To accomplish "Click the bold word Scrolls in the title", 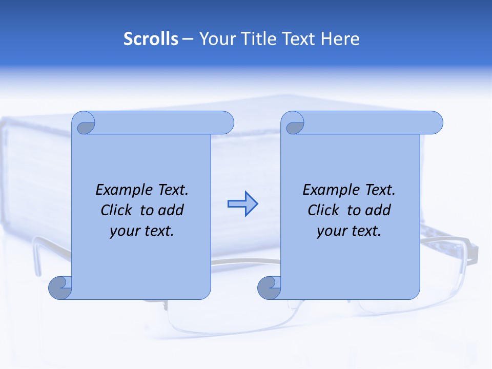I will (151, 39).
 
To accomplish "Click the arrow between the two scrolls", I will (242, 204).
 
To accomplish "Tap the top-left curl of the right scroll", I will (295, 124).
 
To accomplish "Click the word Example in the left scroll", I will (125, 190).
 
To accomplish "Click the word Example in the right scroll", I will (332, 190).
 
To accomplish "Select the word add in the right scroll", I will (378, 210).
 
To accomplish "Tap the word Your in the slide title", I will (214, 39).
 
